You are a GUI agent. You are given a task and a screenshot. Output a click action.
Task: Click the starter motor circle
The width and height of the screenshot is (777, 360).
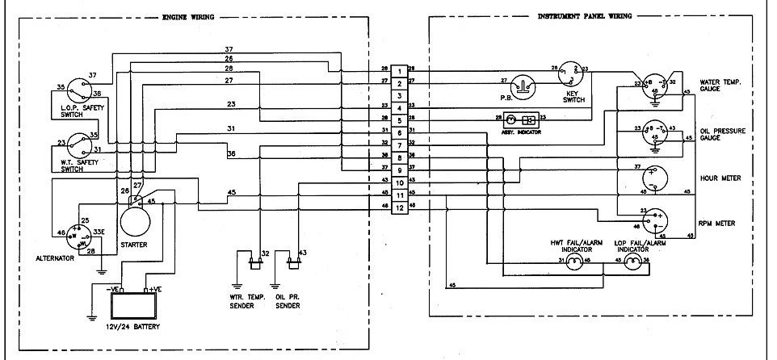(136, 217)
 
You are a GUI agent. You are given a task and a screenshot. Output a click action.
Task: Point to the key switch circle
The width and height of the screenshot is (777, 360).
(572, 74)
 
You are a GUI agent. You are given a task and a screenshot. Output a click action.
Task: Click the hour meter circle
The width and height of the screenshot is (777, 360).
(656, 178)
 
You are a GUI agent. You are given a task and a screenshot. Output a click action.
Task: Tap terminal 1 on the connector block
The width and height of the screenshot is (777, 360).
(400, 70)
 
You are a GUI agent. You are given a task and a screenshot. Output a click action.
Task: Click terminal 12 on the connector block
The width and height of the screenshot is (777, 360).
(400, 209)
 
